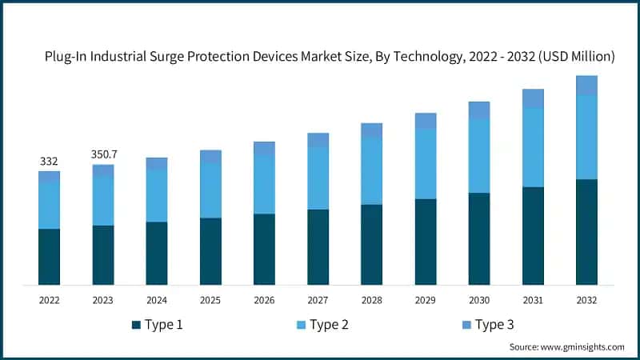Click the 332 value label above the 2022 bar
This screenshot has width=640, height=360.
point(49,162)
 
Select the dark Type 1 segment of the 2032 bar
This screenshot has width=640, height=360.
point(586,232)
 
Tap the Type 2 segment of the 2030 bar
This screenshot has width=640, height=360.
point(479,156)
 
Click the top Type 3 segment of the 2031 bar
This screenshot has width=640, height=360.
point(533,98)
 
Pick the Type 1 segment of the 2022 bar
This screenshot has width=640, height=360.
point(49,257)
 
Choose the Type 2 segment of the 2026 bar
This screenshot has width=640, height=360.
point(264,184)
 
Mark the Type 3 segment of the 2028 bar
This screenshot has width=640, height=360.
point(371,130)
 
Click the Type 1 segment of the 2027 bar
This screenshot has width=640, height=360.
point(318,247)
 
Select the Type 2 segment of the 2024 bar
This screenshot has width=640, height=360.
point(157,195)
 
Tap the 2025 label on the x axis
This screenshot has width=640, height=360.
point(210,300)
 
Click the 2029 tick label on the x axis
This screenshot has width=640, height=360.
point(426,300)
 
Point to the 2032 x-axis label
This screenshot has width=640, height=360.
point(586,300)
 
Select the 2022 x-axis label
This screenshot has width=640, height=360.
point(49,300)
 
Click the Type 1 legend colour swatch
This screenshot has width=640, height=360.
point(137,325)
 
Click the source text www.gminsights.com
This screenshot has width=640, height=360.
point(583,347)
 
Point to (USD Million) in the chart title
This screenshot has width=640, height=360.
point(574,57)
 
